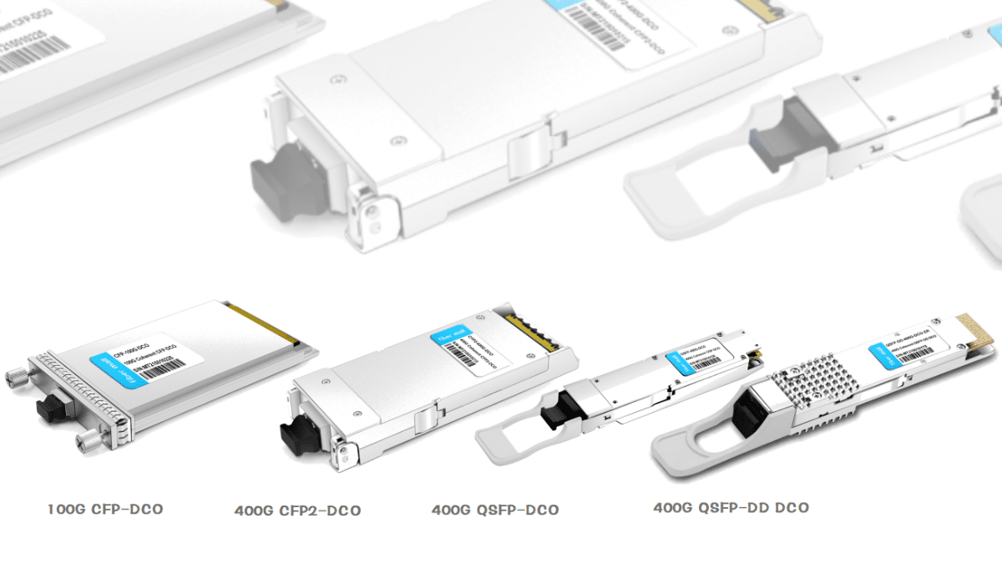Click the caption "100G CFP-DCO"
click(104, 509)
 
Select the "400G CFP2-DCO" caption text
click(297, 511)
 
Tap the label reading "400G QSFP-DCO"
click(495, 510)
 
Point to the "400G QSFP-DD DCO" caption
click(731, 507)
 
